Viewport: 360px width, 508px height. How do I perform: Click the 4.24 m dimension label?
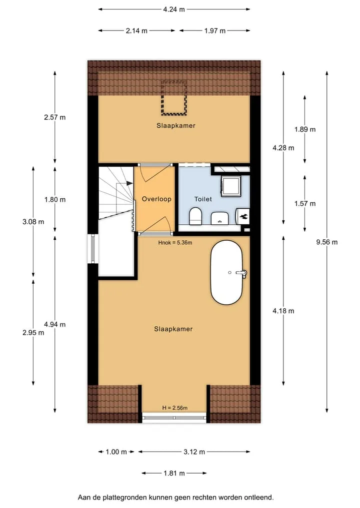point(174,9)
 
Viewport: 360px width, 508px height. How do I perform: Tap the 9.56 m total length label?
point(327,242)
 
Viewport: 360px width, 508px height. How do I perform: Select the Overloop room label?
point(156,199)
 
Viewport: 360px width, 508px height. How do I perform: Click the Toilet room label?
point(203,199)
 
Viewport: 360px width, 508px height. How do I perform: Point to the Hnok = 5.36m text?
point(175,242)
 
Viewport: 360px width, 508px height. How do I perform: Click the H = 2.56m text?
point(175,408)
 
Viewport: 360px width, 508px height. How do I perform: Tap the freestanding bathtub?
point(226,272)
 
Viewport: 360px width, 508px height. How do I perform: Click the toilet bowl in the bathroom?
point(195,216)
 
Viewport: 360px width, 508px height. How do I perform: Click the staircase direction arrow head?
point(129,183)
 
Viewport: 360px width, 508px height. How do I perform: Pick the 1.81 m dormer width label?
point(174,474)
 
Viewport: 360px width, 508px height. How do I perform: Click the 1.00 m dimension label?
point(116,452)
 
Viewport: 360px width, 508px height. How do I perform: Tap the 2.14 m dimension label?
point(136,31)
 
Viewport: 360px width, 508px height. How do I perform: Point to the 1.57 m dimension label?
point(305,203)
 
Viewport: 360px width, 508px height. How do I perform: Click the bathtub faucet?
point(241,273)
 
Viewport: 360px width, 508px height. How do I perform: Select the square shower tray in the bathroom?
point(231,186)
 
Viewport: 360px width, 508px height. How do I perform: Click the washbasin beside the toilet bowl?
point(219,218)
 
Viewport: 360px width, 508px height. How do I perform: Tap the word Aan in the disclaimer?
point(83,497)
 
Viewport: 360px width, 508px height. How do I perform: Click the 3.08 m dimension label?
point(33,222)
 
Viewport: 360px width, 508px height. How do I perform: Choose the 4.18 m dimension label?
point(283,311)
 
